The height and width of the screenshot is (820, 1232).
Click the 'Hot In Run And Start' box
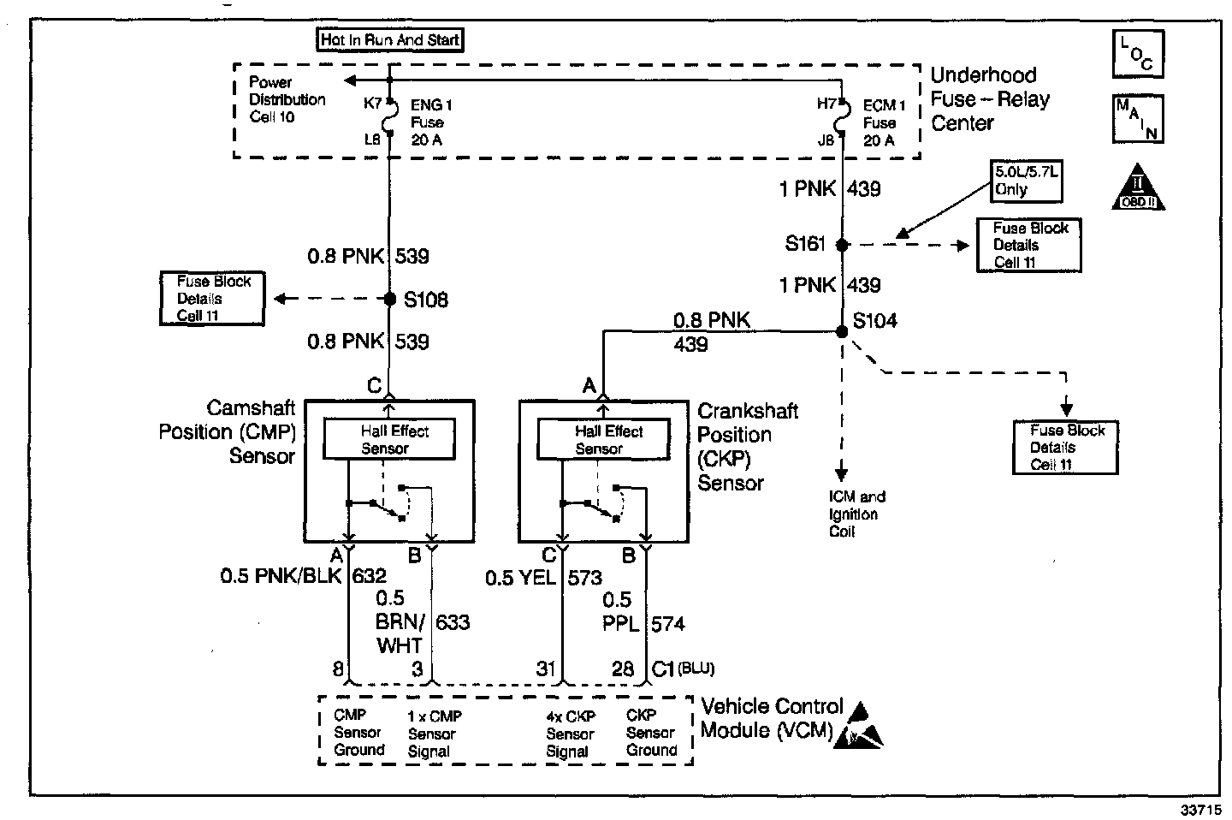(390, 39)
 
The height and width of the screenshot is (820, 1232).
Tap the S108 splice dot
(390, 300)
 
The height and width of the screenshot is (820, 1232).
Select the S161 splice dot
(842, 244)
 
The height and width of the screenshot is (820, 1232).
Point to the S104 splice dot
(842, 331)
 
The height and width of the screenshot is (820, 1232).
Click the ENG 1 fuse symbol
(390, 117)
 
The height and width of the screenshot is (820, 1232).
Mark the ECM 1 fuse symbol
(842, 117)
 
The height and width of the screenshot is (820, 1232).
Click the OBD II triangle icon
(1138, 187)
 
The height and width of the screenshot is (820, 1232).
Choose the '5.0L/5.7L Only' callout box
(1027, 181)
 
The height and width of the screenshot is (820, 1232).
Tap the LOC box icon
(1138, 54)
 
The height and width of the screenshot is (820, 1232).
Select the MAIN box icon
(1138, 119)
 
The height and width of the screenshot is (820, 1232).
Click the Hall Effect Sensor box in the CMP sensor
(389, 439)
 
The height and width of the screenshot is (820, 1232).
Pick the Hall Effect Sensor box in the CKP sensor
(603, 439)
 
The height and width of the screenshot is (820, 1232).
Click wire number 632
(369, 576)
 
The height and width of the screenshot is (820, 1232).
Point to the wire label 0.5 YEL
(520, 577)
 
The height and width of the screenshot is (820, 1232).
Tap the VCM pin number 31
(546, 668)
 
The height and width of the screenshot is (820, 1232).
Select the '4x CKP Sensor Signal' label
(571, 734)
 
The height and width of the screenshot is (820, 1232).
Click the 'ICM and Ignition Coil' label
(857, 514)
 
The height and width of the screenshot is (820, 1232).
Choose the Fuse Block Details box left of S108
(212, 298)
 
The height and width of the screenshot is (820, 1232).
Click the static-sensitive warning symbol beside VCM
(858, 725)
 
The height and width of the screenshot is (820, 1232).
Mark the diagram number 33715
(1200, 810)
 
